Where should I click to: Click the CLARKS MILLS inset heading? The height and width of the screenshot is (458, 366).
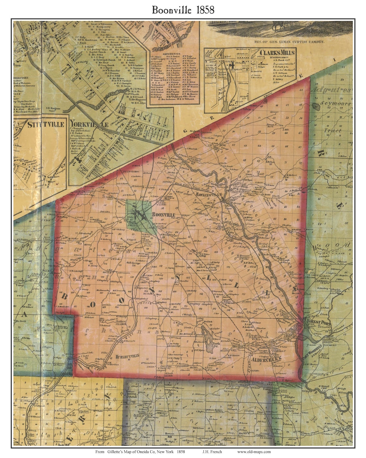pos(277,52)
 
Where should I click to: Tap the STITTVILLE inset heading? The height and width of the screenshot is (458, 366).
pos(41,124)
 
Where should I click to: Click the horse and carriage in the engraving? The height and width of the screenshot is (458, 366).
pos(279,26)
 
